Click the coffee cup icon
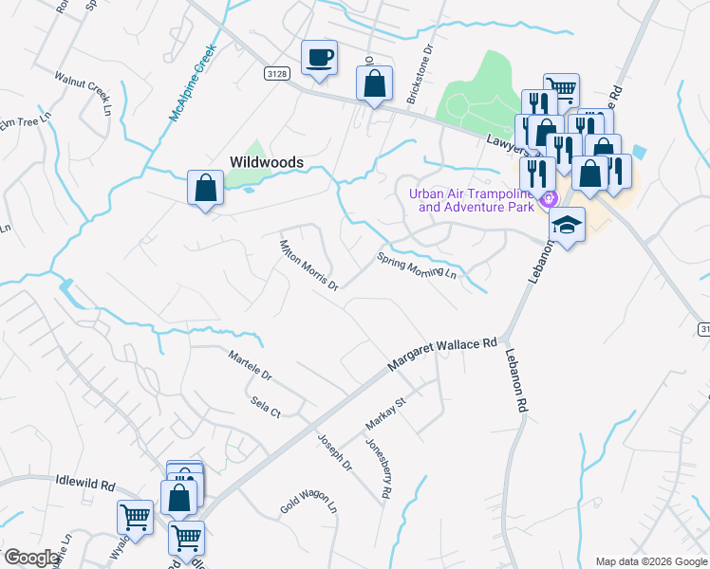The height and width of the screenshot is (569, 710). pyautogui.click(x=318, y=57)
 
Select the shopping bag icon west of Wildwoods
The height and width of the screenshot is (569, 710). pyautogui.click(x=205, y=188)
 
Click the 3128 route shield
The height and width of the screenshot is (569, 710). pyautogui.click(x=275, y=72)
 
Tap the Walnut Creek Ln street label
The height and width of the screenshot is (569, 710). pyautogui.click(x=83, y=93)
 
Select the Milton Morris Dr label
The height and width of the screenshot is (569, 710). pyautogui.click(x=308, y=266)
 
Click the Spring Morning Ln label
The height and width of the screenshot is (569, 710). pyautogui.click(x=417, y=266)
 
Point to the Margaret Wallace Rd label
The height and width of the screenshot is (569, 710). pyautogui.click(x=443, y=356)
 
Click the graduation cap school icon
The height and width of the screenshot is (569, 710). pyautogui.click(x=567, y=225)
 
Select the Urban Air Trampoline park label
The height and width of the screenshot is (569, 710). pyautogui.click(x=470, y=200)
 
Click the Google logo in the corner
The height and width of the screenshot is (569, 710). pyautogui.click(x=31, y=558)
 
